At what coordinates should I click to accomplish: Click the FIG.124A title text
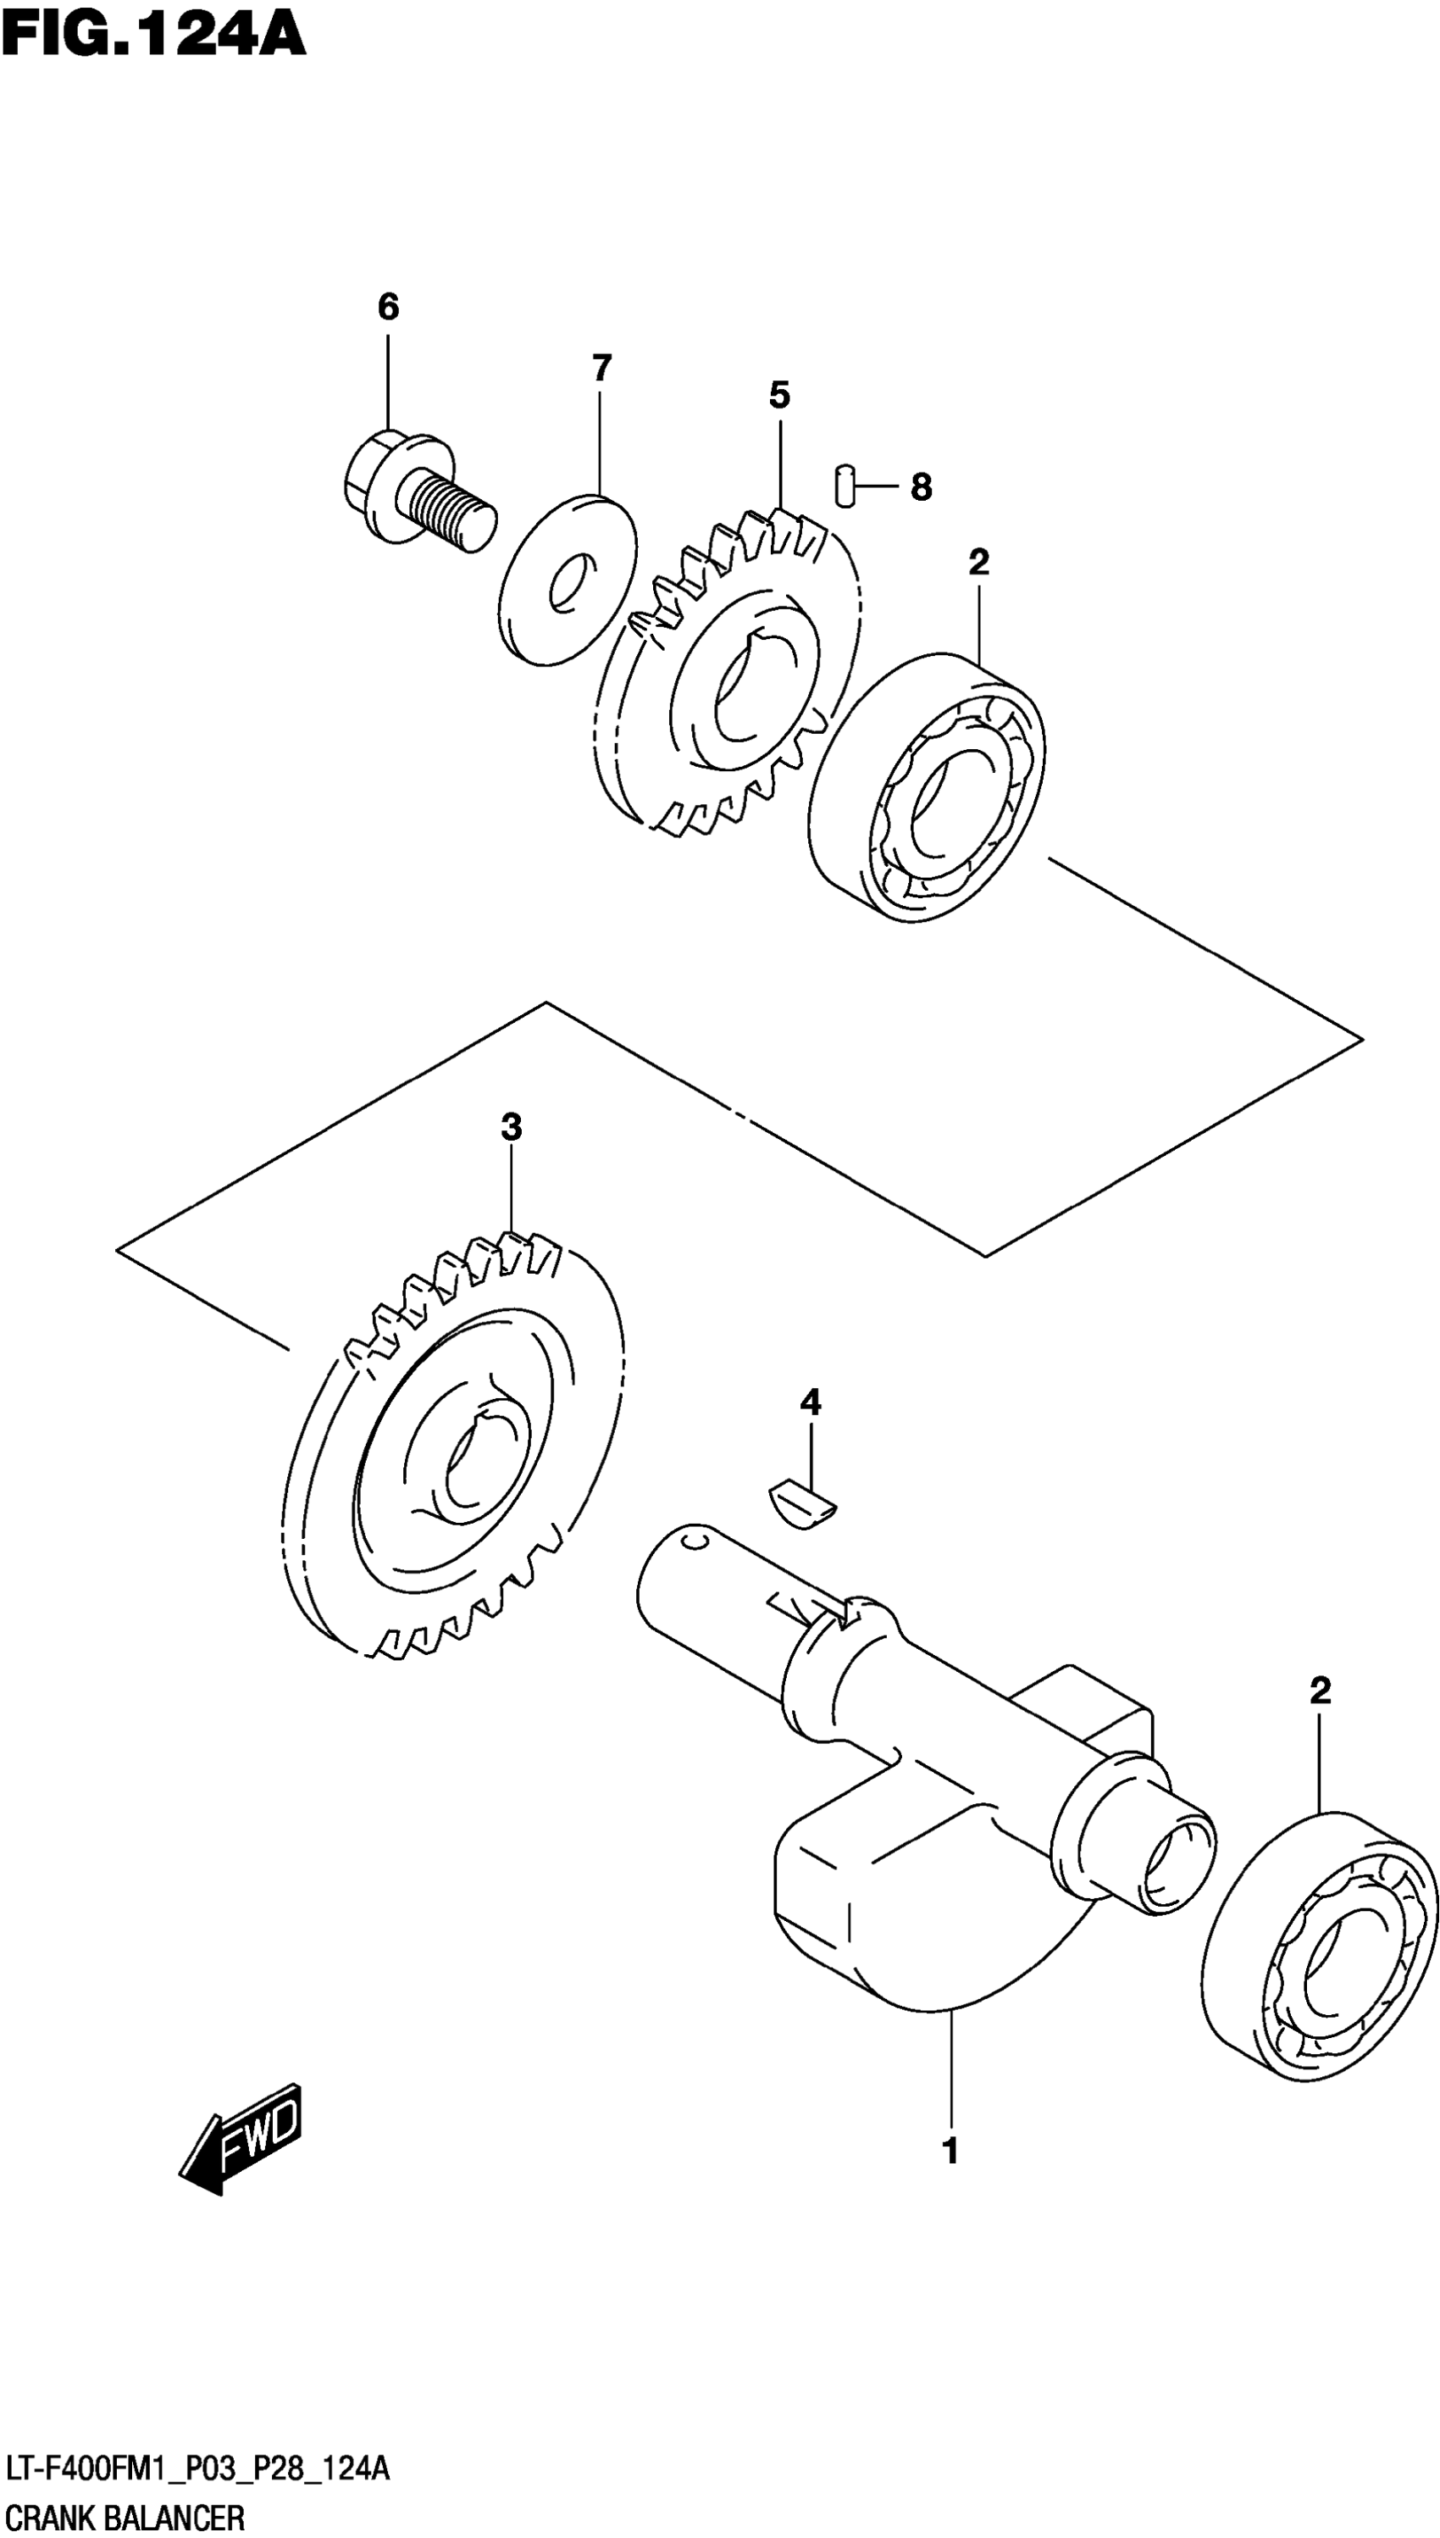click(153, 36)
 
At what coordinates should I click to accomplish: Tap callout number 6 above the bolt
click(388, 308)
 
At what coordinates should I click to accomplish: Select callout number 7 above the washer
click(601, 369)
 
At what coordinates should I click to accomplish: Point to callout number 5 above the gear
click(779, 396)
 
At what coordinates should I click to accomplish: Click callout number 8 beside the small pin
click(921, 486)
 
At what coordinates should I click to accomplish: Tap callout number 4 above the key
click(810, 1402)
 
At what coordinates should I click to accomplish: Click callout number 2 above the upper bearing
click(978, 563)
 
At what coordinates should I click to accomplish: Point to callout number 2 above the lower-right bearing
click(1320, 1691)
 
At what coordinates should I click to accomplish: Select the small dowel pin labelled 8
click(844, 485)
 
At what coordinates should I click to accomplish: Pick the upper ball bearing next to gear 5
click(927, 786)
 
